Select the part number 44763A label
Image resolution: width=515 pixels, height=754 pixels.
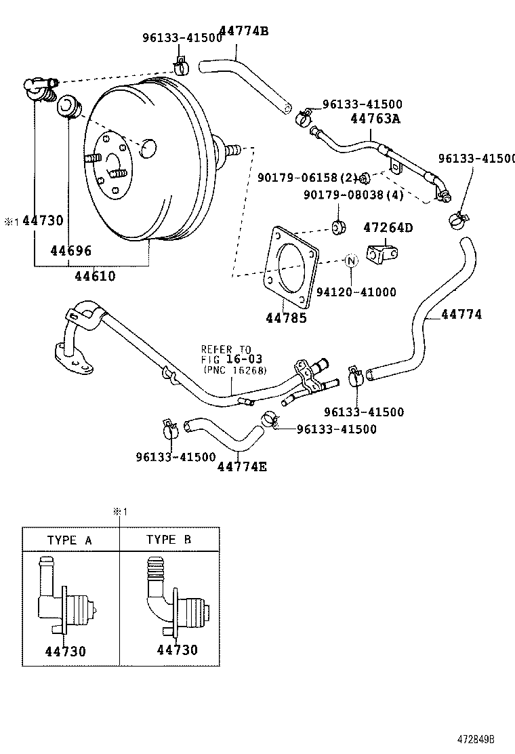pos(375,119)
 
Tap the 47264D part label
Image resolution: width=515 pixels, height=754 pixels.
pos(388,227)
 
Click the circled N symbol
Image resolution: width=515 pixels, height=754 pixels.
pos(351,260)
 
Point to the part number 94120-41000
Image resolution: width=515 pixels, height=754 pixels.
pos(356,292)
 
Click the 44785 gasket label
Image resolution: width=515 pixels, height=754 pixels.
pos(285,317)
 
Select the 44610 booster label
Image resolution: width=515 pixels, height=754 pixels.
pos(95,276)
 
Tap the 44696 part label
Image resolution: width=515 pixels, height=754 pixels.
pos(70,251)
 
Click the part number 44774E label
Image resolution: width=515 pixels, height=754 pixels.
pos(242,466)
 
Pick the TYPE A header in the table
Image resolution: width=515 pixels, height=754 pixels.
pos(70,540)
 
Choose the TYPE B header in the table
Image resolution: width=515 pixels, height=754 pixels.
pos(169,540)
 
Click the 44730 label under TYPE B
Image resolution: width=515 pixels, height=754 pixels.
pos(178,650)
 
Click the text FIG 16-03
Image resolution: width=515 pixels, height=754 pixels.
pos(231,359)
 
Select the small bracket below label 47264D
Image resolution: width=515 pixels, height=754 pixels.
pos(383,254)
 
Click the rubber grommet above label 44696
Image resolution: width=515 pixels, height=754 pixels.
pos(69,107)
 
